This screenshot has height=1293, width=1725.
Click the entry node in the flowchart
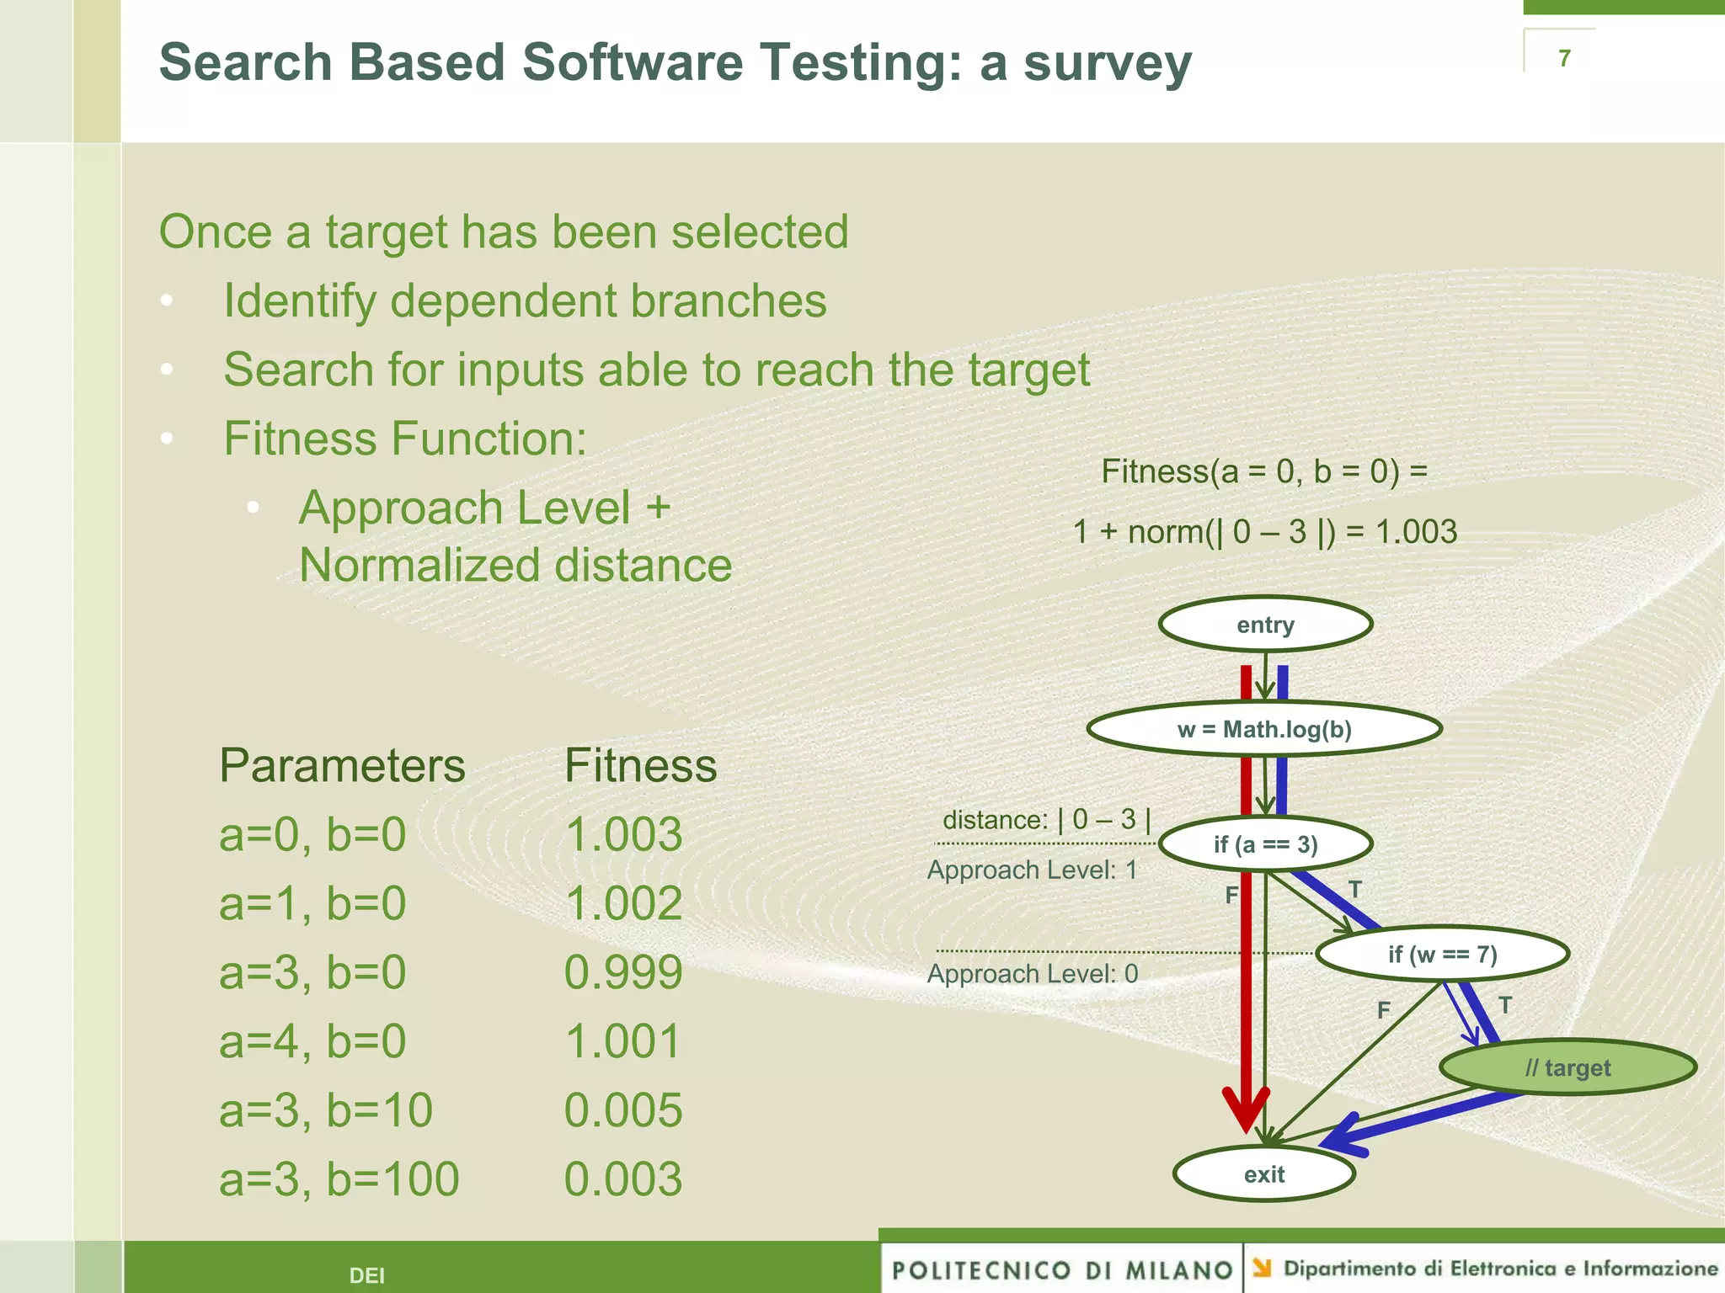pyautogui.click(x=1265, y=625)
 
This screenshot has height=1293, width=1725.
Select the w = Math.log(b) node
pyautogui.click(x=1263, y=729)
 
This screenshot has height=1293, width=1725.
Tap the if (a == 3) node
pyautogui.click(x=1265, y=844)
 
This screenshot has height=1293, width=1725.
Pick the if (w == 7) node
pyautogui.click(x=1442, y=954)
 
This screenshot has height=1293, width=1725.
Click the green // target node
pyautogui.click(x=1567, y=1067)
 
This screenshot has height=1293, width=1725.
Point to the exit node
pyautogui.click(x=1263, y=1174)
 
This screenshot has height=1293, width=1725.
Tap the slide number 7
pyautogui.click(x=1564, y=58)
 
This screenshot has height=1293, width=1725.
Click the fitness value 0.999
pyautogui.click(x=623, y=972)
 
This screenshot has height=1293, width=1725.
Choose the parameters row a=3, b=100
pyautogui.click(x=339, y=1179)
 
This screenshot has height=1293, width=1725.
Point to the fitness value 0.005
pyautogui.click(x=623, y=1109)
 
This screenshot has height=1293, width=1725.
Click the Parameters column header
pyautogui.click(x=342, y=766)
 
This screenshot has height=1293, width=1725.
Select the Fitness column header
pyautogui.click(x=640, y=766)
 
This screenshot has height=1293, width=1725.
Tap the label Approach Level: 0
pyautogui.click(x=1033, y=974)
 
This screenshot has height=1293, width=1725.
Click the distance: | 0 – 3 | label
pyautogui.click(x=1046, y=819)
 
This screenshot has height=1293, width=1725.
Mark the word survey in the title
pyautogui.click(x=1108, y=63)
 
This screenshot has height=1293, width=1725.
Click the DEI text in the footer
pyautogui.click(x=367, y=1275)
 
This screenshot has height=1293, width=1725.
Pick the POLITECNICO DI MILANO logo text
pyautogui.click(x=1061, y=1269)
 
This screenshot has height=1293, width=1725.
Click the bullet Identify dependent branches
pyautogui.click(x=525, y=301)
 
